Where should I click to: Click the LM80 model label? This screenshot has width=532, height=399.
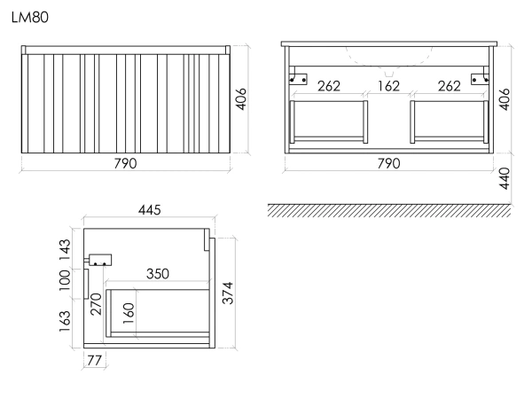30,18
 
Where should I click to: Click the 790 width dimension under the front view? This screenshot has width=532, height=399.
125,163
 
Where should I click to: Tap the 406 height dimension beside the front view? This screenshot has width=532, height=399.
241,99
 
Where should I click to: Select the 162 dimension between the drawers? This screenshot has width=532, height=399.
388,86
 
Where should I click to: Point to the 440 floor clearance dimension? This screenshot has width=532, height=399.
505,178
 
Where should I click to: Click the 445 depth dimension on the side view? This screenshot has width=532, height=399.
149,210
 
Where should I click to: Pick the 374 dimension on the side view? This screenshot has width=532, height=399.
228,293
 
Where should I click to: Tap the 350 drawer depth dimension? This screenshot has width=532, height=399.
158,274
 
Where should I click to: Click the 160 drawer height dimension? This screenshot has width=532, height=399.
129,313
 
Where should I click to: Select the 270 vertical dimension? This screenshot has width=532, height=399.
96,304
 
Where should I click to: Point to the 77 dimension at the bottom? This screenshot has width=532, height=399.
94,360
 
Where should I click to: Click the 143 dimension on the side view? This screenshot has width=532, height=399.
65,250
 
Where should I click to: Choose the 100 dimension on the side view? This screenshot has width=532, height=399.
65,280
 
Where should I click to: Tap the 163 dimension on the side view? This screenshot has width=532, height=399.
65,321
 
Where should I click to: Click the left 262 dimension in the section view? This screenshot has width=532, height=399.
329,86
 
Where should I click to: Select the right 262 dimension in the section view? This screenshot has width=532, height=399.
450,86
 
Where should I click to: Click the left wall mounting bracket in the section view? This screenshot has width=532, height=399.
298,76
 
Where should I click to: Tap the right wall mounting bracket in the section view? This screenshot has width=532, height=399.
480,76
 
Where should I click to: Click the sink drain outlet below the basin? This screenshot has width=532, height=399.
389,74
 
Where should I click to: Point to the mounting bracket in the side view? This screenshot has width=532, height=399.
98,261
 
